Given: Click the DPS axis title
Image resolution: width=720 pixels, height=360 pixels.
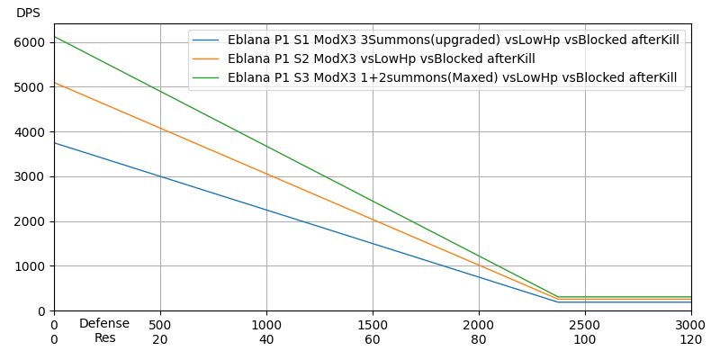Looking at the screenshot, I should (28, 13).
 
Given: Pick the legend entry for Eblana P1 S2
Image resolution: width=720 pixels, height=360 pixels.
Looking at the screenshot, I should (381, 59).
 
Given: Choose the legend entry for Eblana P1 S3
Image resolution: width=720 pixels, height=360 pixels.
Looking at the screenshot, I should (452, 78).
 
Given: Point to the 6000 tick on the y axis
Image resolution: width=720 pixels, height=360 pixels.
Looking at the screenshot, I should (30, 42).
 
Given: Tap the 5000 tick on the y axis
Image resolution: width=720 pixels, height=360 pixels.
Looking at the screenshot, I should (30, 87).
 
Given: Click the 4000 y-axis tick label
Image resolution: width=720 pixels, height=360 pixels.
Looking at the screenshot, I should (30, 131).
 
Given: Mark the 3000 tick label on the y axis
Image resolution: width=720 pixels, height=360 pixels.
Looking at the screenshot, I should (30, 176).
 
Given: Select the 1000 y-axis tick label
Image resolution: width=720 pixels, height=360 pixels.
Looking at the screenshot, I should (30, 266).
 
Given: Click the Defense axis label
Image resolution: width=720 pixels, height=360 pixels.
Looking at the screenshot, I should (104, 324).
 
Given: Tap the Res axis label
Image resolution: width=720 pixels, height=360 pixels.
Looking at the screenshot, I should (105, 338).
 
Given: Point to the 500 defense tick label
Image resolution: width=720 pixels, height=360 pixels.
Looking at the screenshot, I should (160, 324).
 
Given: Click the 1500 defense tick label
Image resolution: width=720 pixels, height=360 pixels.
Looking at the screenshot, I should (373, 324).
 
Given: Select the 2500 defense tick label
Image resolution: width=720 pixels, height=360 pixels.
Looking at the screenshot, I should (585, 324).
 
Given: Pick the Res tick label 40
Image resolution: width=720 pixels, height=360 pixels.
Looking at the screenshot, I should (266, 339).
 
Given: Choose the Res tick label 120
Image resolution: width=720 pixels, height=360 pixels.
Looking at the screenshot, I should (691, 339).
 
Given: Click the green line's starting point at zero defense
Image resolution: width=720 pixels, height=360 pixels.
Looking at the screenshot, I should (54, 37).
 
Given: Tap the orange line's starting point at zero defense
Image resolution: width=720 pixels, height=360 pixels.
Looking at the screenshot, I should (54, 83).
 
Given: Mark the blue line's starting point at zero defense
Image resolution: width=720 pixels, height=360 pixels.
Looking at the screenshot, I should (54, 143).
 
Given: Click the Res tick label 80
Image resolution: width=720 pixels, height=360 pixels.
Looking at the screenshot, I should (479, 339).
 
